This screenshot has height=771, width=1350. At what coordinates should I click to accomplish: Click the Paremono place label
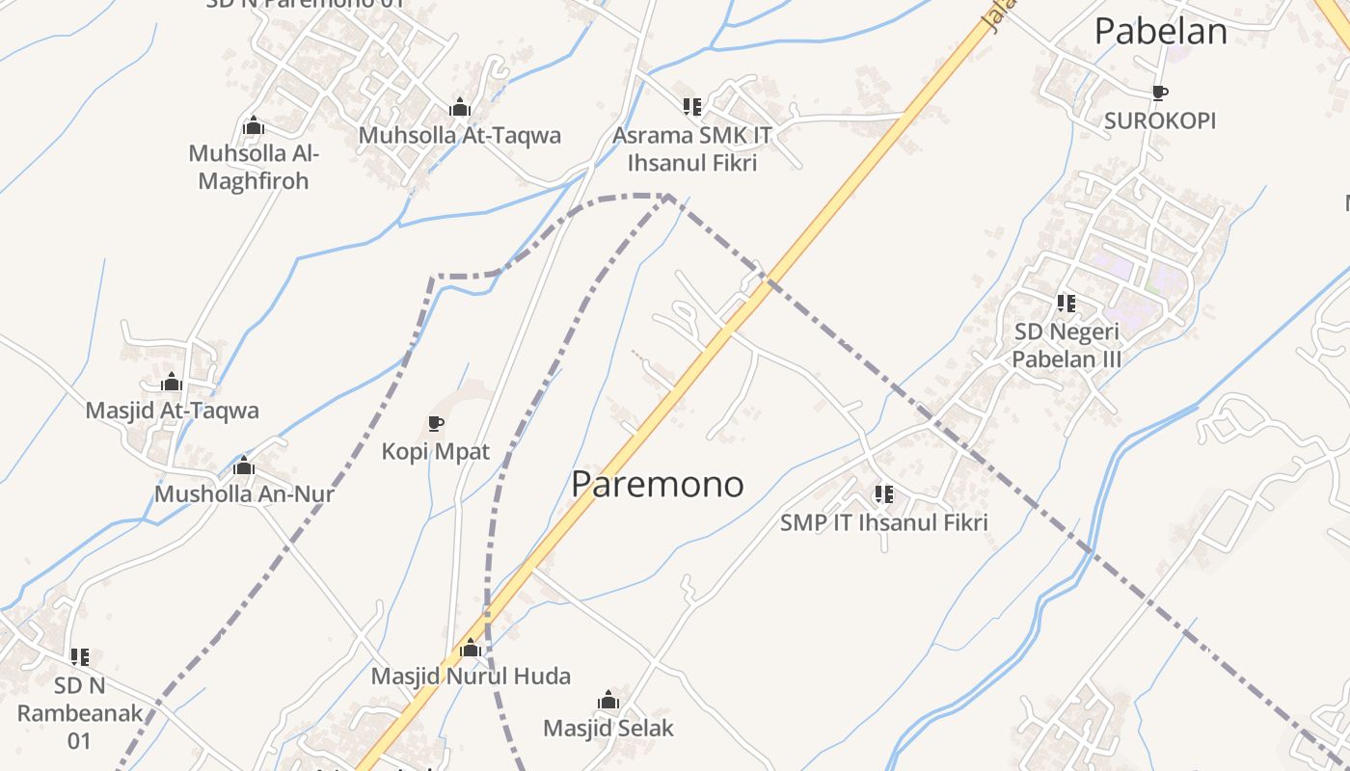tap(658, 484)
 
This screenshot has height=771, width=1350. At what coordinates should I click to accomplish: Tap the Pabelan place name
tap(1160, 32)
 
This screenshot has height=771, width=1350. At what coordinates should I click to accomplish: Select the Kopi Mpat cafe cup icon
tap(436, 423)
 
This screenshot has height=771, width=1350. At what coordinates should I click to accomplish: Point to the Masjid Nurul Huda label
tap(471, 677)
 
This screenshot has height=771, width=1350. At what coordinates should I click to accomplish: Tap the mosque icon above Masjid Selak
tap(608, 700)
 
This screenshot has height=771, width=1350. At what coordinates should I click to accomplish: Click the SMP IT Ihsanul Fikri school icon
tap(883, 494)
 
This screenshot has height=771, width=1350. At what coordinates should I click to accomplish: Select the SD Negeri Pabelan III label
tap(1066, 345)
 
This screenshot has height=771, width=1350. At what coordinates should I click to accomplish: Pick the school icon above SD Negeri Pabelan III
tap(1066, 304)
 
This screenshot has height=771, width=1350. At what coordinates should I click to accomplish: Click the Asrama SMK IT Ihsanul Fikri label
tap(692, 148)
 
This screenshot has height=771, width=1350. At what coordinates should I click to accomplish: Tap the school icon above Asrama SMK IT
tap(692, 106)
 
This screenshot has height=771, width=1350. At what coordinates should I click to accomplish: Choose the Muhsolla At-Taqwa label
tap(460, 135)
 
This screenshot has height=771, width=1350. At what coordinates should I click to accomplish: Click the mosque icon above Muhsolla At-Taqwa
tap(460, 107)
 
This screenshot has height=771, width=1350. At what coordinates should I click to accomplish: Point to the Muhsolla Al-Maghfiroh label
tap(254, 167)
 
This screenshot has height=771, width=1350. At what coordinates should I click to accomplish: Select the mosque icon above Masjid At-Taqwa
tap(172, 383)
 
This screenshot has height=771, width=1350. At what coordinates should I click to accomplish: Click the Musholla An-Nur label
tap(244, 494)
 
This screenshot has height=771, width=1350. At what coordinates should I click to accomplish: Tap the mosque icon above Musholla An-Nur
tap(244, 466)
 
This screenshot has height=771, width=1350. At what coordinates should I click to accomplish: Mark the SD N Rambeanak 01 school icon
tap(80, 657)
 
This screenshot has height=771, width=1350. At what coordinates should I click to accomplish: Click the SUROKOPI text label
tap(1160, 121)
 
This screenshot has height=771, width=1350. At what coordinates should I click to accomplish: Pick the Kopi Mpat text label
tap(436, 451)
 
